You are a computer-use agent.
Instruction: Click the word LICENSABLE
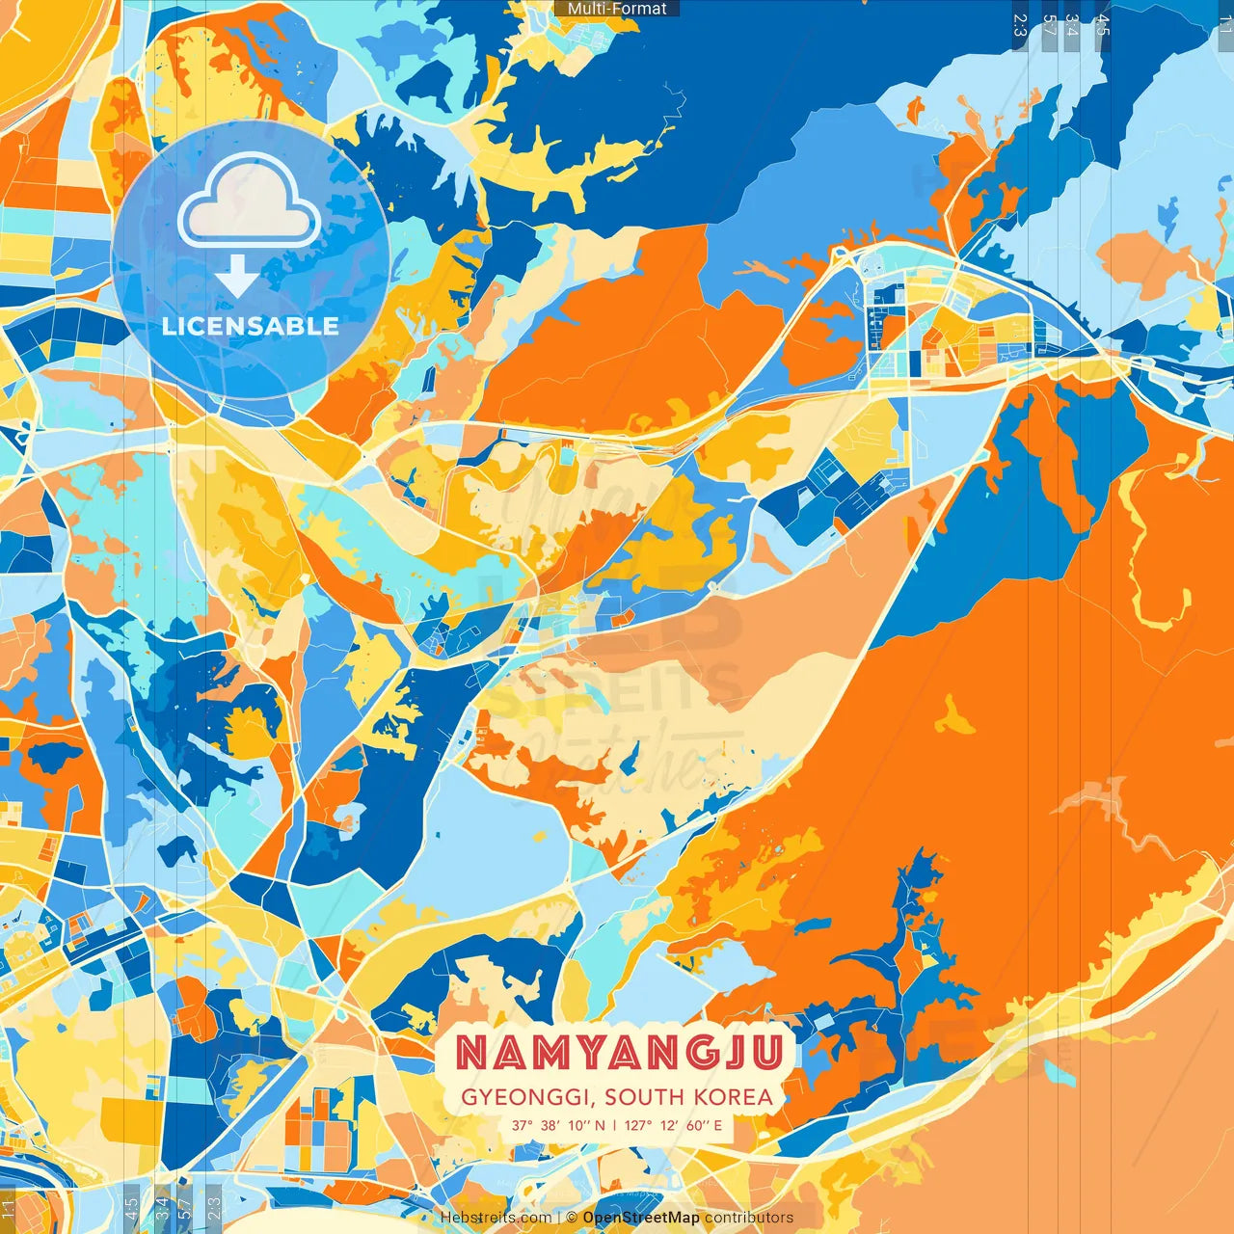tap(251, 326)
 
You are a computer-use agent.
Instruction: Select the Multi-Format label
tap(617, 9)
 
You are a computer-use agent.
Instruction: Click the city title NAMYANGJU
tap(618, 1052)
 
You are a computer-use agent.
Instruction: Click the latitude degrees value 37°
tap(523, 1125)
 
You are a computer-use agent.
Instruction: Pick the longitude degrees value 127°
tap(637, 1125)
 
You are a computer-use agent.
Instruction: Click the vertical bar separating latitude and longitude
tap(615, 1125)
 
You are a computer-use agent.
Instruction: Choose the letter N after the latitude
tap(600, 1125)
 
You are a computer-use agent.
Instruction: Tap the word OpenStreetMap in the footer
tap(641, 1218)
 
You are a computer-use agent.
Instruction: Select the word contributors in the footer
tap(749, 1218)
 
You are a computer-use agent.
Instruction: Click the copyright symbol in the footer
tap(572, 1218)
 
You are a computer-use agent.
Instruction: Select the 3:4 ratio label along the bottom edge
tap(162, 1206)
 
